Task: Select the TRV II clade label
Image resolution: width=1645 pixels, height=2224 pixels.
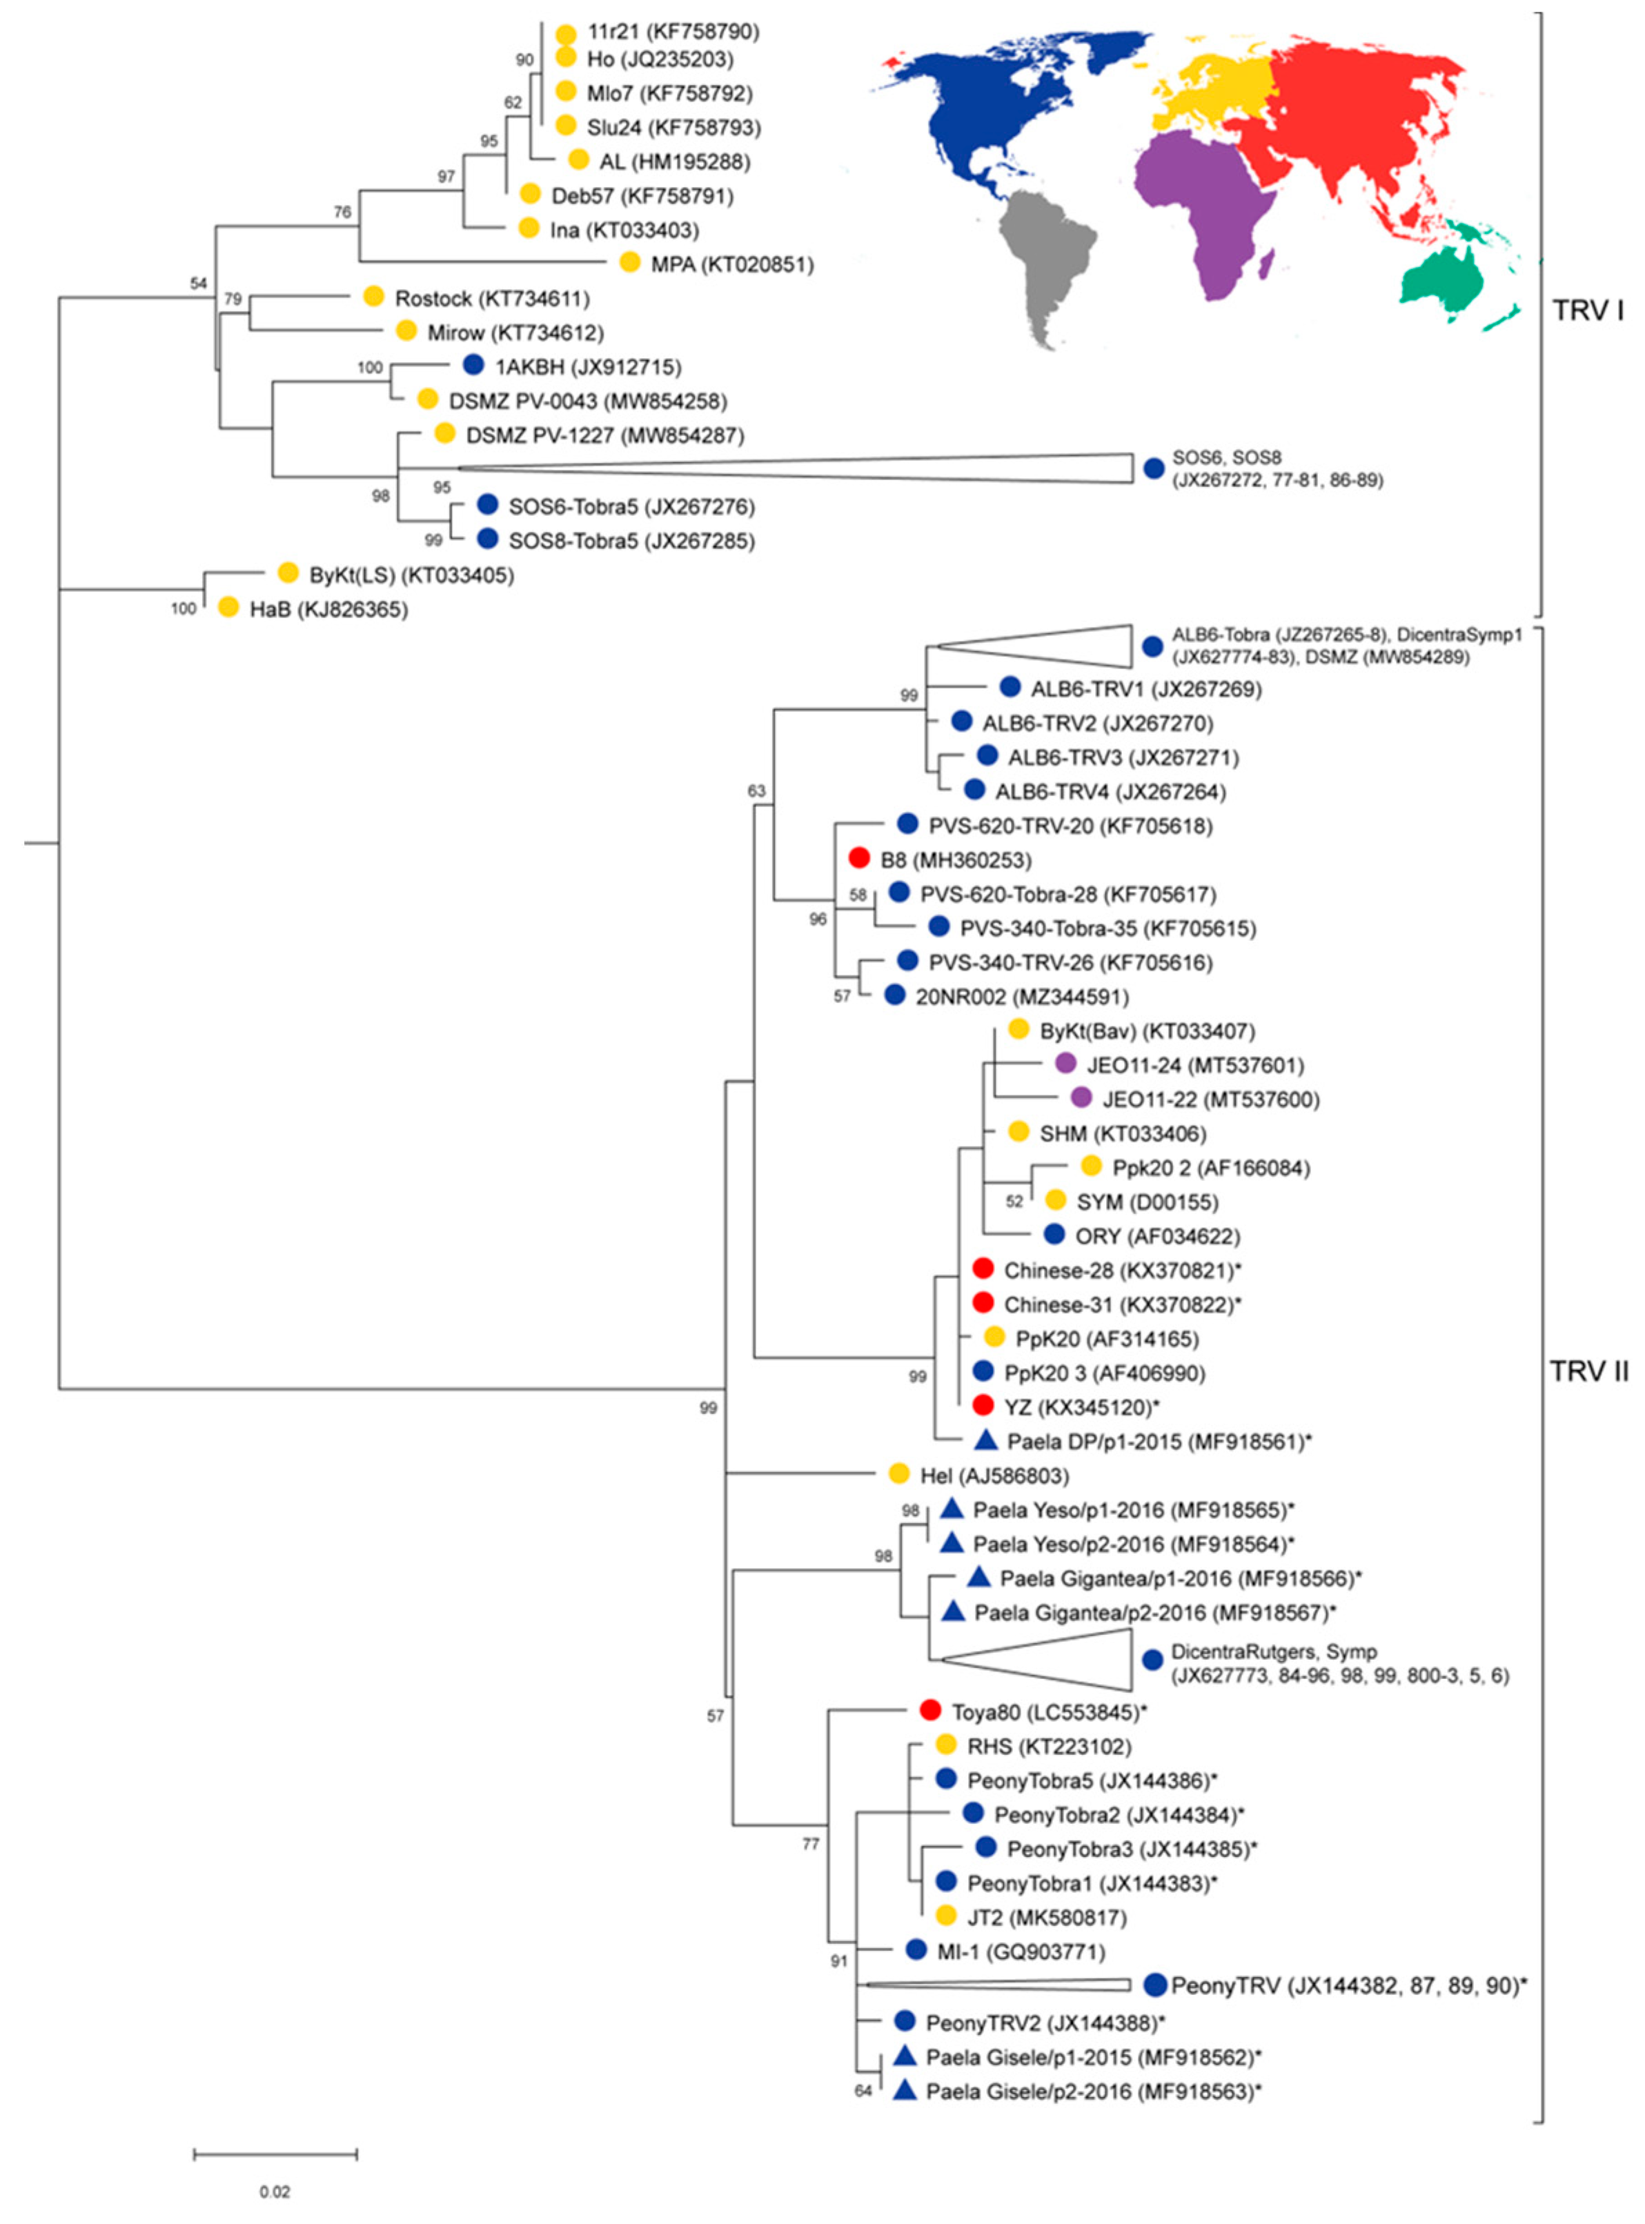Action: click(x=1588, y=1372)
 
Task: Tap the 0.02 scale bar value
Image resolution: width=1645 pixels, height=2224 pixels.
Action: click(x=275, y=2191)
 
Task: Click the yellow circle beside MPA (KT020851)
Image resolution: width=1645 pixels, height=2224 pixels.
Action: click(x=629, y=262)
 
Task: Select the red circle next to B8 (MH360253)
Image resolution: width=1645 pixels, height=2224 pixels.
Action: click(x=859, y=857)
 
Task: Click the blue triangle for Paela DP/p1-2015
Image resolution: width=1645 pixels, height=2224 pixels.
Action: click(x=986, y=1440)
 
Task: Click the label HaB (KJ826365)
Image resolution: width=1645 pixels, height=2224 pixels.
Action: click(x=328, y=609)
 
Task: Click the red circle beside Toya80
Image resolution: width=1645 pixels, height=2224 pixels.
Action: click(x=930, y=1710)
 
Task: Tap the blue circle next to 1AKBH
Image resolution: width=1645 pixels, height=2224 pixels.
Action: click(x=474, y=366)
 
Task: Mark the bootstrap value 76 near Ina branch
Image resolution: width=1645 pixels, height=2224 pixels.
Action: click(x=342, y=212)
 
